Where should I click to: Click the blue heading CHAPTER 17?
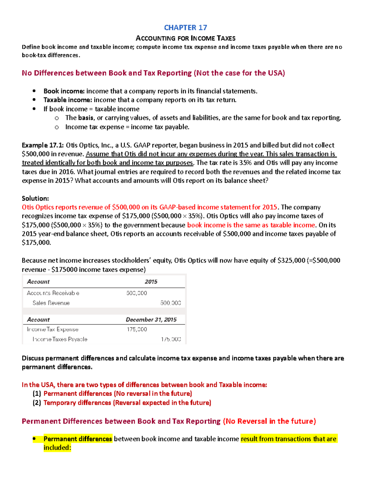185,28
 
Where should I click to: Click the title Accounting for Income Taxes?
185,38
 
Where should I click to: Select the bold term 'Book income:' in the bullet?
64,91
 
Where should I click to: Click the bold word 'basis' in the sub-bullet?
86,118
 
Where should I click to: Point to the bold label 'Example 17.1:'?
43,145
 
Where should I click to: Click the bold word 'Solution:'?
35,198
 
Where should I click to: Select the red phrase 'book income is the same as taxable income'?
251,225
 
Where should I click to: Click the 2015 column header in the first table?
151,282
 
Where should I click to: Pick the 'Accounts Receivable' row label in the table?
53,293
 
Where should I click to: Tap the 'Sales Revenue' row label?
51,303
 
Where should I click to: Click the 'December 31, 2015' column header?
151,320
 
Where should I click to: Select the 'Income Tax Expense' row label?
53,329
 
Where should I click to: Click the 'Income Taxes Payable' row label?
60,339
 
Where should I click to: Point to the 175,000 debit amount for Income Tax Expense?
137,329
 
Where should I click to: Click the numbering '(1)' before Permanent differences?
37,394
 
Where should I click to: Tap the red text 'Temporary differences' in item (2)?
77,403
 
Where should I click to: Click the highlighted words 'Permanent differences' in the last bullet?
78,439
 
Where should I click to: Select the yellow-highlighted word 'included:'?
57,448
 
